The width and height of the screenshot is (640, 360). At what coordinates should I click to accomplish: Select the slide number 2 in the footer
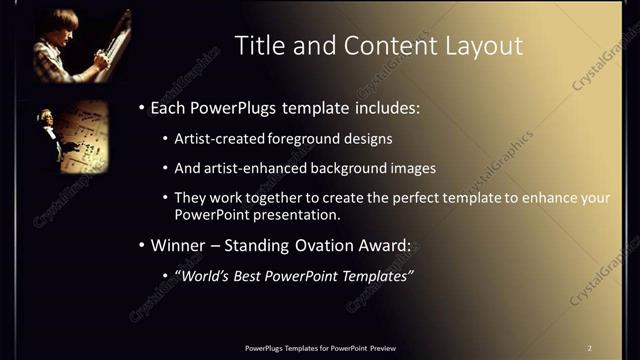pyautogui.click(x=589, y=348)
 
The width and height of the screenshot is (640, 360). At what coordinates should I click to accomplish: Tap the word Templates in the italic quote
pyautogui.click(x=375, y=276)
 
